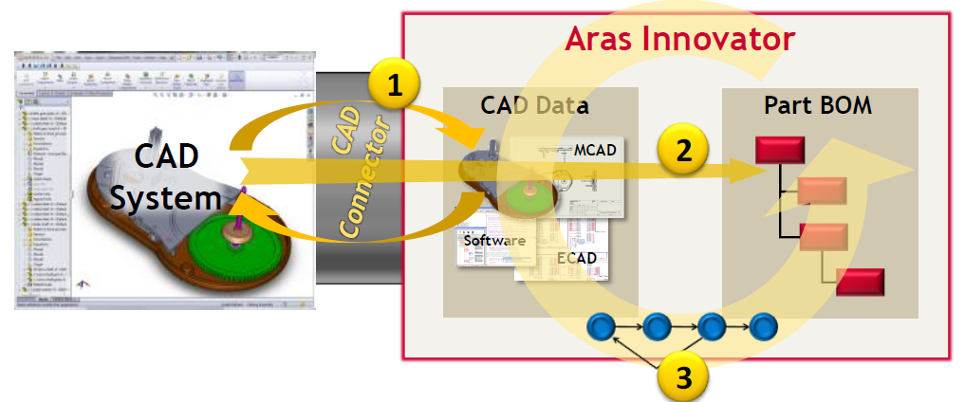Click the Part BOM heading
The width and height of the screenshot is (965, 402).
coord(818,104)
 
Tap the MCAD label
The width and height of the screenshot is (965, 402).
coord(596,151)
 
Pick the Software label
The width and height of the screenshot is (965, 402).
coord(493,241)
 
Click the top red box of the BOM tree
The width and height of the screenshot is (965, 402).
coord(780,151)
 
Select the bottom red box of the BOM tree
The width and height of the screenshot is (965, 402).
coord(860,283)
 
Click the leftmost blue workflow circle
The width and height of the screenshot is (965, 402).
coord(603,328)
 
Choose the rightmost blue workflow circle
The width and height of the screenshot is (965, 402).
coord(762,328)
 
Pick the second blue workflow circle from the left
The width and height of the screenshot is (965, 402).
coord(656,328)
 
